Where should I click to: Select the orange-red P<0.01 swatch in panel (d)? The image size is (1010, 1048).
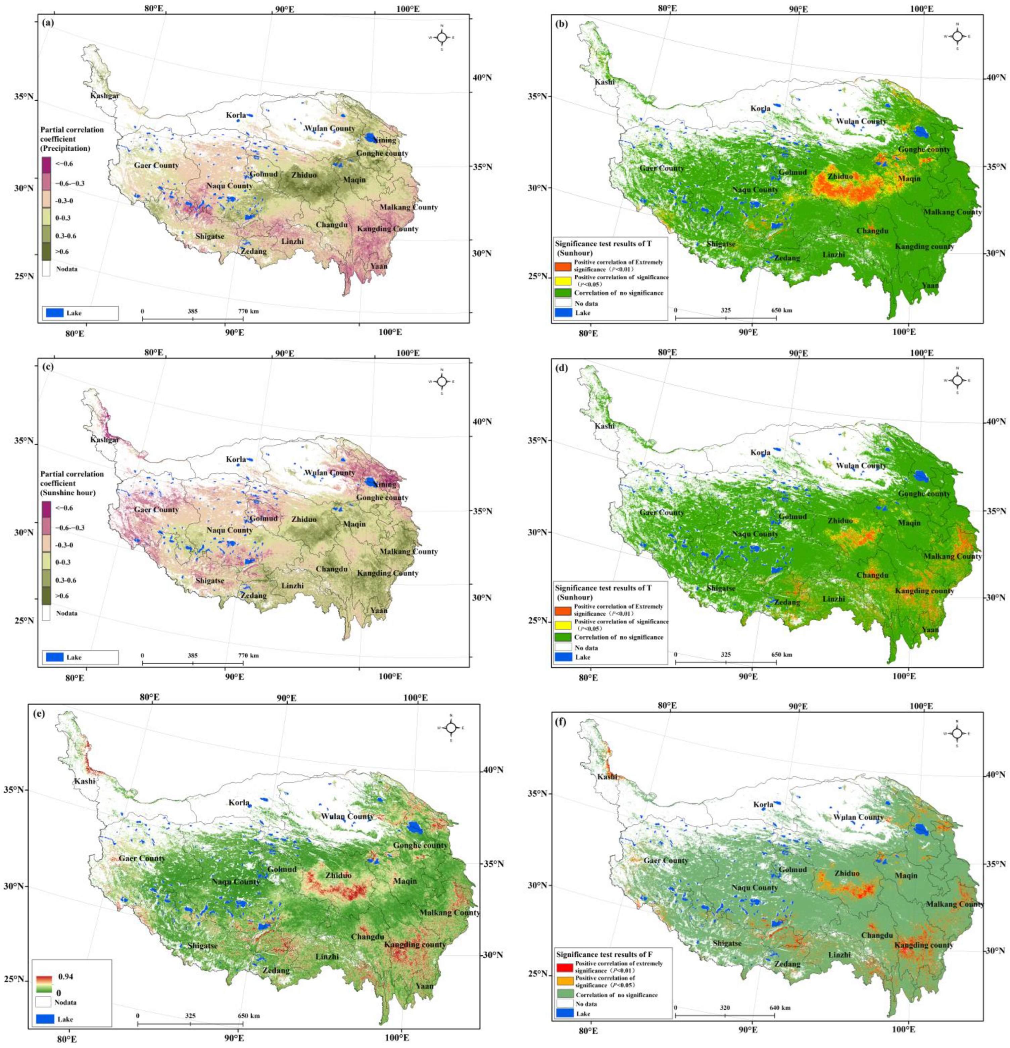[563, 610]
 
